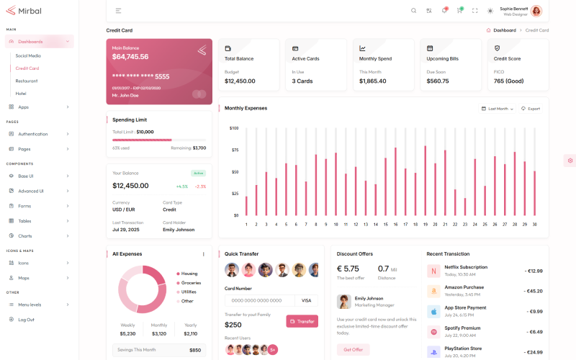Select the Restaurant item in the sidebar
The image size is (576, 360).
click(27, 81)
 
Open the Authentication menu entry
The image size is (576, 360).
click(32, 134)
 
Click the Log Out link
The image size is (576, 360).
click(26, 319)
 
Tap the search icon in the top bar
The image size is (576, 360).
click(413, 11)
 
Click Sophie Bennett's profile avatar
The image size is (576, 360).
click(536, 11)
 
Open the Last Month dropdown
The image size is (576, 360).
click(498, 109)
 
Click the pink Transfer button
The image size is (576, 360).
click(302, 321)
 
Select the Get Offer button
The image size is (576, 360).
click(353, 349)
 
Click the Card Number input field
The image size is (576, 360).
click(259, 300)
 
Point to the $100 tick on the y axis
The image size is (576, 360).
click(234, 128)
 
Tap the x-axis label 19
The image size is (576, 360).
click(425, 225)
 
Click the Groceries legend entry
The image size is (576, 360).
click(190, 282)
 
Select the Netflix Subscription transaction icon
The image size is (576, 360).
click(433, 271)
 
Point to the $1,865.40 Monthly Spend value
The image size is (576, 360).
click(372, 81)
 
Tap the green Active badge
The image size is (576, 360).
click(199, 173)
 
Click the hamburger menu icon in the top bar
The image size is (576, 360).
click(118, 11)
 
